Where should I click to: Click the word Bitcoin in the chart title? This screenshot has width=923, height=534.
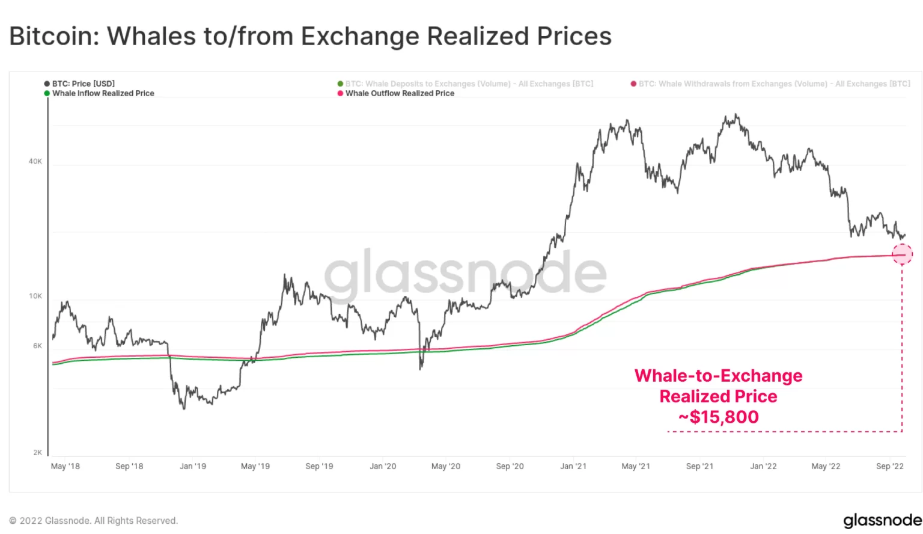click(x=53, y=36)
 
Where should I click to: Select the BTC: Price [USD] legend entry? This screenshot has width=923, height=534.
click(x=83, y=84)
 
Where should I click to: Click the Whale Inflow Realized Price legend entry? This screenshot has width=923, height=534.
click(x=103, y=93)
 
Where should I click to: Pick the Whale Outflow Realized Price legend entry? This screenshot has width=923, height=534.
click(x=400, y=93)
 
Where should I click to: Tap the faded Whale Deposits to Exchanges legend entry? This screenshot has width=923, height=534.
click(x=469, y=84)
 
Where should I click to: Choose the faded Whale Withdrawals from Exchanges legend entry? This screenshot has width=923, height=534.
click(x=774, y=84)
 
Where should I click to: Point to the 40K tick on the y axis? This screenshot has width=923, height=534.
click(x=35, y=161)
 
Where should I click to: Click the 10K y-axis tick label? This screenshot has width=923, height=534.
click(x=35, y=296)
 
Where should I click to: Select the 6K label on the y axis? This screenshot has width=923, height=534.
click(x=37, y=346)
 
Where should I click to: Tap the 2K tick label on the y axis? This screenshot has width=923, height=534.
click(x=37, y=452)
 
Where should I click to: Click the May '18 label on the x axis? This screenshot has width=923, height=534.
click(x=65, y=466)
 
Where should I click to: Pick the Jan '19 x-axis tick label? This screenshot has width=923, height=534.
click(x=193, y=466)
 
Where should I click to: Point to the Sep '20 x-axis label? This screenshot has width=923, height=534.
click(x=510, y=466)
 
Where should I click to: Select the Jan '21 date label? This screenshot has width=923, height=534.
click(x=573, y=466)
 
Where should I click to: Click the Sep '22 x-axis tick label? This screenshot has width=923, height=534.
click(x=890, y=466)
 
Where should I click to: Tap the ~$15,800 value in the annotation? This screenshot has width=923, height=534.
click(x=719, y=417)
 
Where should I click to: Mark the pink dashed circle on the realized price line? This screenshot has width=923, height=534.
click(x=902, y=254)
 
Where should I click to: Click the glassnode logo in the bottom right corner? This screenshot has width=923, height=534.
click(x=882, y=520)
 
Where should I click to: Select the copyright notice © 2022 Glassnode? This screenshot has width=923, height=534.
click(x=94, y=521)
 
